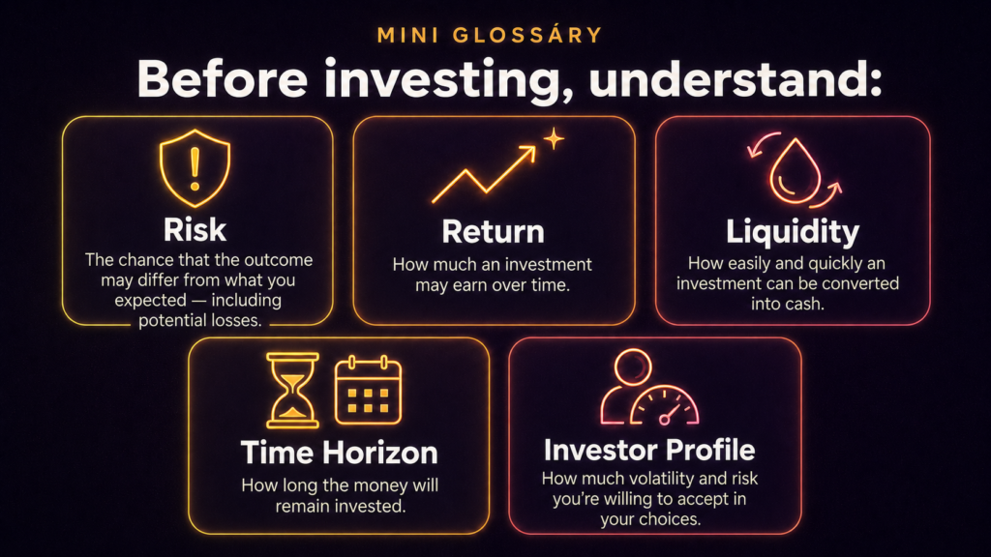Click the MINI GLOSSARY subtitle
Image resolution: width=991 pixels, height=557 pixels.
pos(489,35)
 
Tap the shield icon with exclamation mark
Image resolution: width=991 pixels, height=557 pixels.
pos(195,168)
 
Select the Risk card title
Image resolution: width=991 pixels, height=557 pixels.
pos(195,230)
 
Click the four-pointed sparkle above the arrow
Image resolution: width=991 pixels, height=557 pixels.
pos(554,139)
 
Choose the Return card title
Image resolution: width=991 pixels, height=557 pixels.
pos(493,232)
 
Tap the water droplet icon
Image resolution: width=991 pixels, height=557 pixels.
pos(795,172)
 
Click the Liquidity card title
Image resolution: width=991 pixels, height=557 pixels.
pos(793,232)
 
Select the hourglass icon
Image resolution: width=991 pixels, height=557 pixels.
pos(292,391)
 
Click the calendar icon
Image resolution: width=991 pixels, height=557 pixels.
pos(368,391)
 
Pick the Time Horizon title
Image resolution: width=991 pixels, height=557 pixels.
pos(340,453)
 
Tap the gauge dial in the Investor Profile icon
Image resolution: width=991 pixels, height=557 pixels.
pos(665,406)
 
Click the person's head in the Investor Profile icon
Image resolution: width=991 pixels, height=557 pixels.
pos(633,366)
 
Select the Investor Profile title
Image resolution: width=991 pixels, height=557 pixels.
pos(649,451)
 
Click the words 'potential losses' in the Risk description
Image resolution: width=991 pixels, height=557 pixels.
pos(199,320)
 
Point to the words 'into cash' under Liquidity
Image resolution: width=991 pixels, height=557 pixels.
pos(787,304)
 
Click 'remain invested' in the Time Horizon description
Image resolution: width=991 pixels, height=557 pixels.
pos(340,506)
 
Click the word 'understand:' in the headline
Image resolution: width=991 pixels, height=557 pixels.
pos(736,79)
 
